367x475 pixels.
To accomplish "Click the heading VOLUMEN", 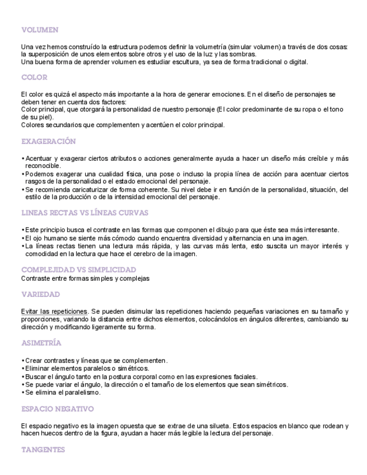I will click(39, 30).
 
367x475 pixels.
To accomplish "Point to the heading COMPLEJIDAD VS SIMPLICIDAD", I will click(78, 270).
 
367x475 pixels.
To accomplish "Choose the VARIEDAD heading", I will click(40, 295).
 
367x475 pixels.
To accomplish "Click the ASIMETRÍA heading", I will click(41, 343).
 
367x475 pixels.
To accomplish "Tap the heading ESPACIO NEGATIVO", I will click(57, 409).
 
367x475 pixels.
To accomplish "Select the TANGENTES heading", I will click(43, 450).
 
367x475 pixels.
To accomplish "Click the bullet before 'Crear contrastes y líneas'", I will click(22, 360).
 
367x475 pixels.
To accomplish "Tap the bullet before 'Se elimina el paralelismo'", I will click(22, 392).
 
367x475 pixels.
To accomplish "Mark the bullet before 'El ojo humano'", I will click(22, 238).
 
